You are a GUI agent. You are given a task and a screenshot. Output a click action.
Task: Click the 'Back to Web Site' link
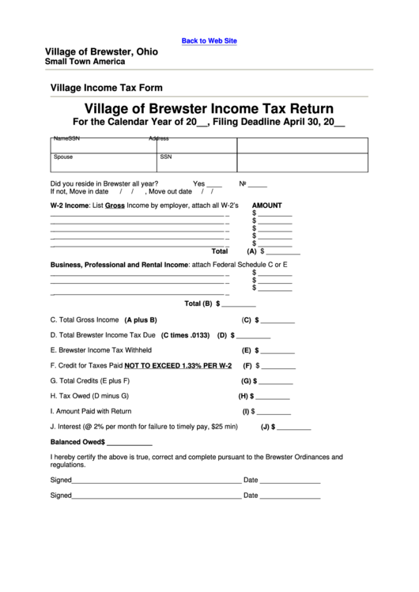pos(209,40)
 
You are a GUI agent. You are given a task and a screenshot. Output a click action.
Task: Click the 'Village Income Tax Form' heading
pos(106,88)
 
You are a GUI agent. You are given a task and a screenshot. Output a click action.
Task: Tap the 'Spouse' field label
pos(63,156)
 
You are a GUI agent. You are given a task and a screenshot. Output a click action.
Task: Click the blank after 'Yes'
pos(214,184)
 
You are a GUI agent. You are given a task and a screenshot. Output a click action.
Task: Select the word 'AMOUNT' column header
pos(267,204)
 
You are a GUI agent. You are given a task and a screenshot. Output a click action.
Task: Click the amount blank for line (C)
pos(278,322)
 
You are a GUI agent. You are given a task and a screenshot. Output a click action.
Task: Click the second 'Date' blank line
pos(290,497)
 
